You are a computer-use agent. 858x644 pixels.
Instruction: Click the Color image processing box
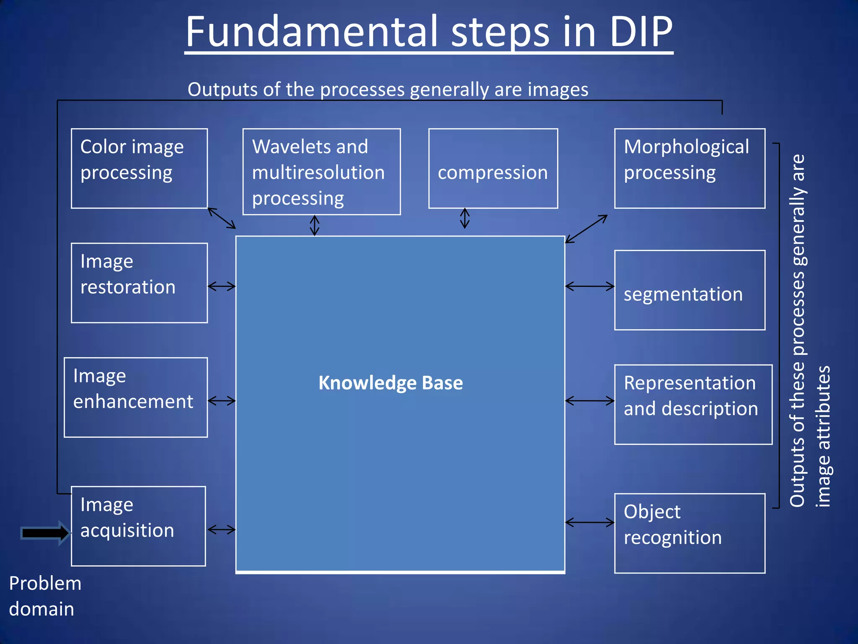coord(139,168)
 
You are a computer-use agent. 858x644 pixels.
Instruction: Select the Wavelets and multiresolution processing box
coord(321,171)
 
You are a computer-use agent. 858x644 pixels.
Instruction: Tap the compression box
coord(493,169)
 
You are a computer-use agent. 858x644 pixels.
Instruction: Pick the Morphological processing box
coord(690,168)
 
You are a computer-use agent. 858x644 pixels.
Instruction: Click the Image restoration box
coord(139,283)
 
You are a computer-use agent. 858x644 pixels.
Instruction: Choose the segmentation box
coord(690,290)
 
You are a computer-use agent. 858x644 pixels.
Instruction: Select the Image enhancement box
coord(136,397)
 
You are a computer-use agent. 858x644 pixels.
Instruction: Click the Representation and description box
coord(693,404)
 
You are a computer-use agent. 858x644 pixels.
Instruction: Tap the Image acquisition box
coord(138,526)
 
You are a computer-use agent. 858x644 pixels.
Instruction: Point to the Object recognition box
coord(690,533)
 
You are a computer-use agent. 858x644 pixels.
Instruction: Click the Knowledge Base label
coord(390,383)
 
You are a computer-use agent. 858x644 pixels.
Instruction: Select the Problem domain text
coord(45,596)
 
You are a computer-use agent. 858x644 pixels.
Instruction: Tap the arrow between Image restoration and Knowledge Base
coord(222,286)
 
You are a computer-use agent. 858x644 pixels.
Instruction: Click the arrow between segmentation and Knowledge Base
coord(589,286)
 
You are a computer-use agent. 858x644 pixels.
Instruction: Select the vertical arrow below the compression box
coord(465,218)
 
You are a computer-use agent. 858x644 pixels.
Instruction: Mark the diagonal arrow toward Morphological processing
coord(586,229)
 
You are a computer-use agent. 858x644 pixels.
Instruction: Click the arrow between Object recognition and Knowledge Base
coord(589,522)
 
